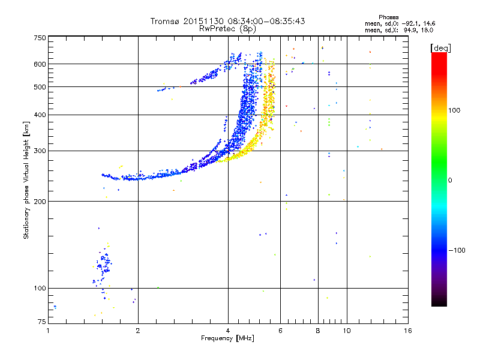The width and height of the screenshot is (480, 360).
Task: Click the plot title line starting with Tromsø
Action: (227, 21)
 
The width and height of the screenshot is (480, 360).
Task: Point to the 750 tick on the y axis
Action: (39, 38)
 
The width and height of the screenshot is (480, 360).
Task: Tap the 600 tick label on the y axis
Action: (39, 64)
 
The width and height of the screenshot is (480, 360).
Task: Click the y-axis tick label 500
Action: (39, 87)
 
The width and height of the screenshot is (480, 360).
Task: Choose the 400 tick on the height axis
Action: (39, 115)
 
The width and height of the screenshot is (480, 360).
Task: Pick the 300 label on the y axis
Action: (39, 151)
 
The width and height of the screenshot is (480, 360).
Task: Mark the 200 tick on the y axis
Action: (39, 201)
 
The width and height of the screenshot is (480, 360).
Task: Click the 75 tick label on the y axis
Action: (41, 323)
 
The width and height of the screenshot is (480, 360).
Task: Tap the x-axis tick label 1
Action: (48, 331)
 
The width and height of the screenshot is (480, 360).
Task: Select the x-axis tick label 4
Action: (228, 331)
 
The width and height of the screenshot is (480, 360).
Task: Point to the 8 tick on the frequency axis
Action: (318, 331)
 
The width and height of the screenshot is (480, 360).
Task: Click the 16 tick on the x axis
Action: (408, 331)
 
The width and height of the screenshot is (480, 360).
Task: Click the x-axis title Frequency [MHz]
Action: (227, 338)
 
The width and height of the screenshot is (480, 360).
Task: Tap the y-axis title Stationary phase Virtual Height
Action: (26, 180)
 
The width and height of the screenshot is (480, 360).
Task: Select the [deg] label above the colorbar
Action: (441, 47)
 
